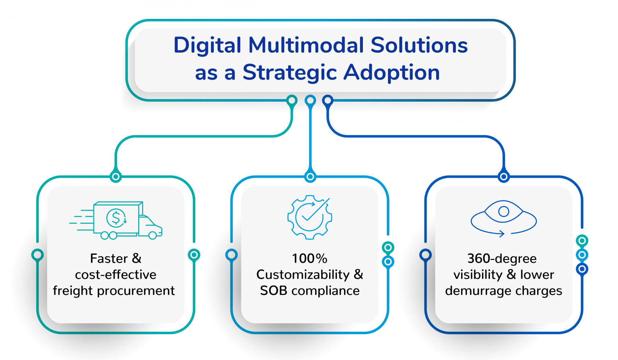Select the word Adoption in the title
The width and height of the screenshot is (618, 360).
[x=391, y=72]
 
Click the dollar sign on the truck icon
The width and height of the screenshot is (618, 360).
[x=116, y=218]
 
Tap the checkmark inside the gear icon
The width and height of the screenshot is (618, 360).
[x=309, y=215]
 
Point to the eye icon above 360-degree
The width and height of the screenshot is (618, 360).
[x=503, y=211]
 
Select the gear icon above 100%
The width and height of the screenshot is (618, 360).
[x=309, y=217]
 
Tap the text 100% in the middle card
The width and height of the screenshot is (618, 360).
[x=309, y=258]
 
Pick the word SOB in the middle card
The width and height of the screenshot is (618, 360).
[x=274, y=290]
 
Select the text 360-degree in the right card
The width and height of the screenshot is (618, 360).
[x=502, y=258]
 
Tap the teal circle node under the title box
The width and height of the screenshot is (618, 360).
[x=292, y=100]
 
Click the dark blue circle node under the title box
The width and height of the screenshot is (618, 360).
[x=328, y=100]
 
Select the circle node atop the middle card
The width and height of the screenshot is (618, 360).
[x=310, y=176]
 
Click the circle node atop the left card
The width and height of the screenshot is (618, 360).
[x=115, y=176]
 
